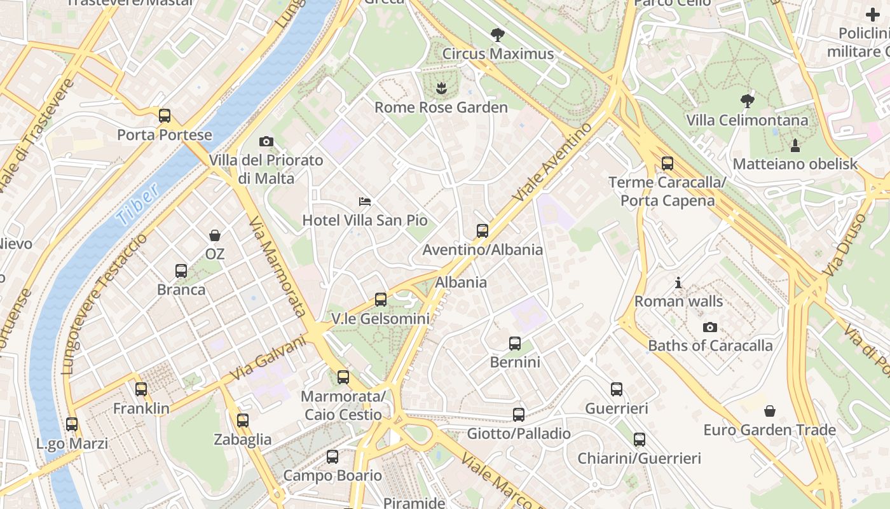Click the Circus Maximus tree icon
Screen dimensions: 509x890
pos(497,35)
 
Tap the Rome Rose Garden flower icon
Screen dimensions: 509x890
pos(441,88)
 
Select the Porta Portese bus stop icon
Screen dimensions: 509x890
pos(165,116)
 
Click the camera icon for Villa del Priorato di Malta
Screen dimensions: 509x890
pos(266,141)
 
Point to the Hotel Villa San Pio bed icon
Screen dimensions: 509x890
pos(365,202)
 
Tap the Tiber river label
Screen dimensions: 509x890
pos(137,205)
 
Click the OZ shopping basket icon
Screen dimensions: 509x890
pos(215,235)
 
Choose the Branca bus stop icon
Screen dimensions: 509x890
pos(181,271)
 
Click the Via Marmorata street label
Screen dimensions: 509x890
pos(278,266)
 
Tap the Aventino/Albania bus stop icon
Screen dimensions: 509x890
pos(483,230)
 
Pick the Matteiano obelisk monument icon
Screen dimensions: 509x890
pos(795,145)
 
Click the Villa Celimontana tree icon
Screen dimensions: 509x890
pos(747,101)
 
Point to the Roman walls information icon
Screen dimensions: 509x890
pos(678,282)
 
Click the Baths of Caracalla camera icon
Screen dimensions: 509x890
pos(710,327)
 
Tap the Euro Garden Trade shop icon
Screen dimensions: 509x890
pos(769,411)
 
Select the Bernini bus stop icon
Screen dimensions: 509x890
pos(515,344)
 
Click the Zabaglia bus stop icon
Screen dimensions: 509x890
pos(242,421)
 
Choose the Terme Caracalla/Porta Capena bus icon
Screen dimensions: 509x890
pos(667,164)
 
